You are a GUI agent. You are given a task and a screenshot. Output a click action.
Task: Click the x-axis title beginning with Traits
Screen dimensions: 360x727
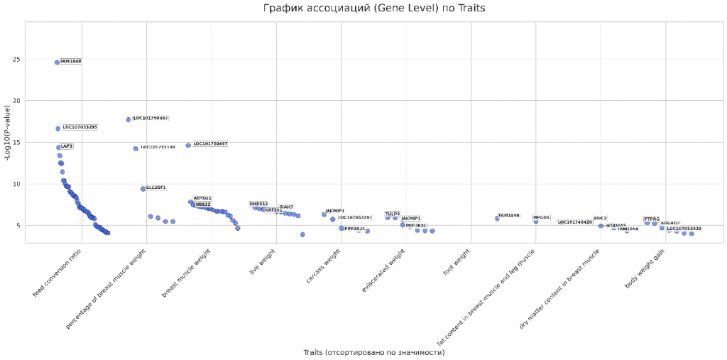pos(373,352)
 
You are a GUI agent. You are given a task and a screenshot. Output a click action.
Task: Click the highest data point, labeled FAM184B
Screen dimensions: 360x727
pos(57,62)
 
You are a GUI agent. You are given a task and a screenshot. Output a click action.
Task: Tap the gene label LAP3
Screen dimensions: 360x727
pos(67,146)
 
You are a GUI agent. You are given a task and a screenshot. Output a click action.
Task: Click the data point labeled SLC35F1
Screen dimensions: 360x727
pos(143,189)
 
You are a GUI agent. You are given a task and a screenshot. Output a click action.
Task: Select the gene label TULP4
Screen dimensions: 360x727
pos(393,214)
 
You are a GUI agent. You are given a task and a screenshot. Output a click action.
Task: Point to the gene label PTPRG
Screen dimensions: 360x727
pos(652,219)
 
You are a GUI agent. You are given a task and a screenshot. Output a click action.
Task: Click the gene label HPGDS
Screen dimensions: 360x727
pos(542,217)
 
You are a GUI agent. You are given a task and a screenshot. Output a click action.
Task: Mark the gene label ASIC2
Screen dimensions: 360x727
pos(600,219)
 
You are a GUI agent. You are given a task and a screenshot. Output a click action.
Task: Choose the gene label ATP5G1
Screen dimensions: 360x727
pos(202,198)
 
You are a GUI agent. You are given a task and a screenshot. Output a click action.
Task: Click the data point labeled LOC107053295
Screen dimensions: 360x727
pos(58,129)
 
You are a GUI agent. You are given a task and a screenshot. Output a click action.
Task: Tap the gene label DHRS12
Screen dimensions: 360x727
pos(258,204)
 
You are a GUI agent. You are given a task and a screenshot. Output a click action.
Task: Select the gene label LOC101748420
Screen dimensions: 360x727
pos(574,222)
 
